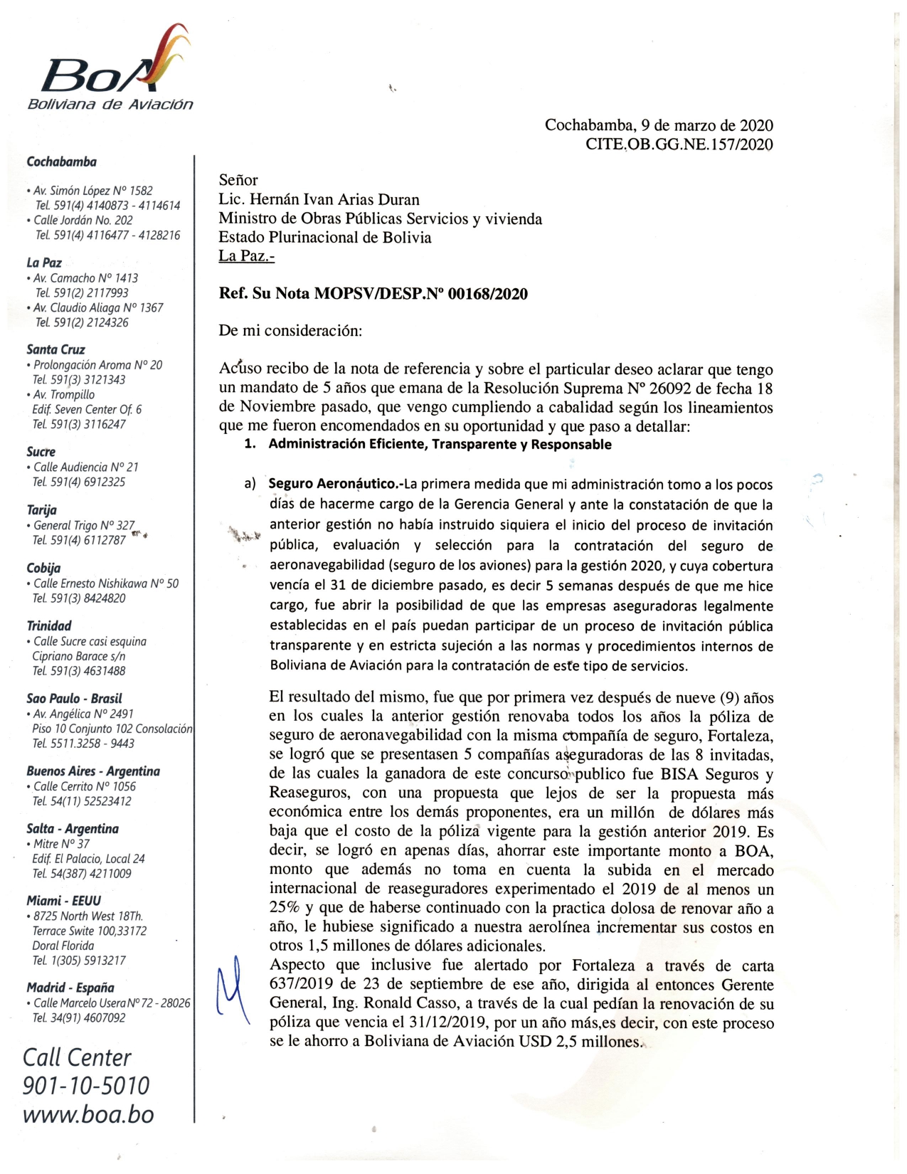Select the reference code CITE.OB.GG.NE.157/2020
[x=679, y=144]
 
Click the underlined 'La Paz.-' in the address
[x=246, y=256]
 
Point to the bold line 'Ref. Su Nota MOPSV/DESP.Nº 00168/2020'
[x=373, y=294]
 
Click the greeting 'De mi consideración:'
[x=290, y=331]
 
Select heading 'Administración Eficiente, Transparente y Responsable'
[x=440, y=445]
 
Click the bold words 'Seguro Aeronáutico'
[x=332, y=485]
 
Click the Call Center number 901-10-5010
[x=86, y=1086]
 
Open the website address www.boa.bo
[x=88, y=1114]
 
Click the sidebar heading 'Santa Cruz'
[x=55, y=349]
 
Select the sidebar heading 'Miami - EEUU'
[x=64, y=901]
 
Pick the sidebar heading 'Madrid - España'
[x=70, y=988]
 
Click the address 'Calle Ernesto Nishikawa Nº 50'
[x=106, y=583]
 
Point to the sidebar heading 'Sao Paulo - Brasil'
[x=74, y=699]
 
